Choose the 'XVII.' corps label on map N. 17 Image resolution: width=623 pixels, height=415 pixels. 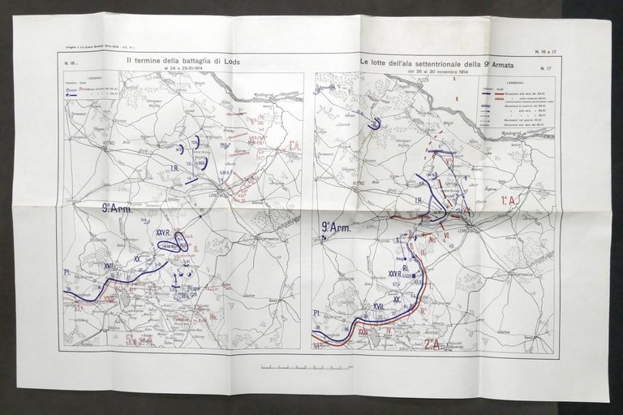coord(377,305)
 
